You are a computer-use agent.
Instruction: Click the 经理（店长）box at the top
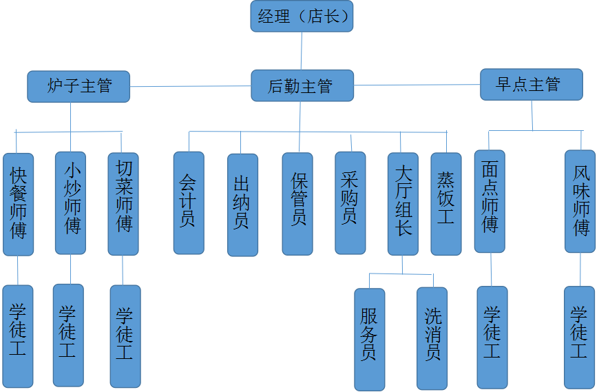point(302,17)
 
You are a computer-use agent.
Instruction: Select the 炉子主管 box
point(78,87)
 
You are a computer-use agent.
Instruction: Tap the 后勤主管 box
point(302,85)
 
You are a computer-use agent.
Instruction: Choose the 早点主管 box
point(531,84)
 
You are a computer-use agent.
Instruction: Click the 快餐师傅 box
point(18,204)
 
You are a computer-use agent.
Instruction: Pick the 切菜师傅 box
point(124,204)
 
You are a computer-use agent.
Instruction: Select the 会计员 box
point(188,203)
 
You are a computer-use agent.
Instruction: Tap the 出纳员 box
point(242,205)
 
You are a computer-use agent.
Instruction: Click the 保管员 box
point(297,203)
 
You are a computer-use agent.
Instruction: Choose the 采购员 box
point(350,203)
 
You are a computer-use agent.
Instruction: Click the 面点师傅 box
point(490,201)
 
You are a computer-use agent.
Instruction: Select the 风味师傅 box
point(580,201)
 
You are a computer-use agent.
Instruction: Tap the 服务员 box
point(369,339)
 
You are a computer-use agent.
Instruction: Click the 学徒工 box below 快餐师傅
point(18,336)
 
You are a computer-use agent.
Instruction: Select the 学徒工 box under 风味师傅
point(579,336)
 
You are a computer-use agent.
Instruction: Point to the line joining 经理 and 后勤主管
point(302,50)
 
